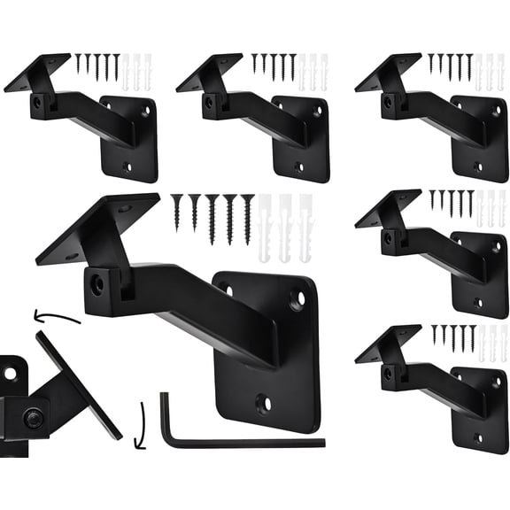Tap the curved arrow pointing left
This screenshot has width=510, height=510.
coord(56,316)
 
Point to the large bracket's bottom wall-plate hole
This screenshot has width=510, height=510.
coord(263,405)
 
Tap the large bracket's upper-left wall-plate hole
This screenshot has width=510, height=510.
coord(226,290)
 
